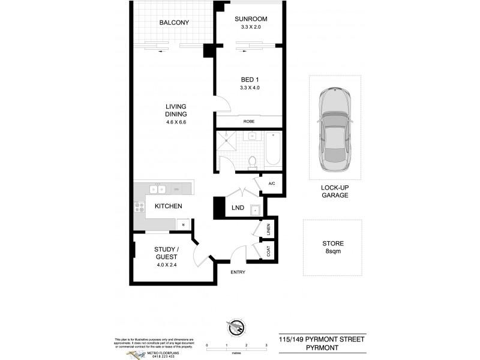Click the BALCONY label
174,23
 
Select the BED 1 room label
250,78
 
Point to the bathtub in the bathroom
273,148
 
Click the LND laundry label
237,208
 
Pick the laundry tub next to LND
256,209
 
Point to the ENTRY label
238,272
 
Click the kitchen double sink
158,190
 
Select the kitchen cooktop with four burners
140,206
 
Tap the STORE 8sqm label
332,247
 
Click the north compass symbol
236,327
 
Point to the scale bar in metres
236,346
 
